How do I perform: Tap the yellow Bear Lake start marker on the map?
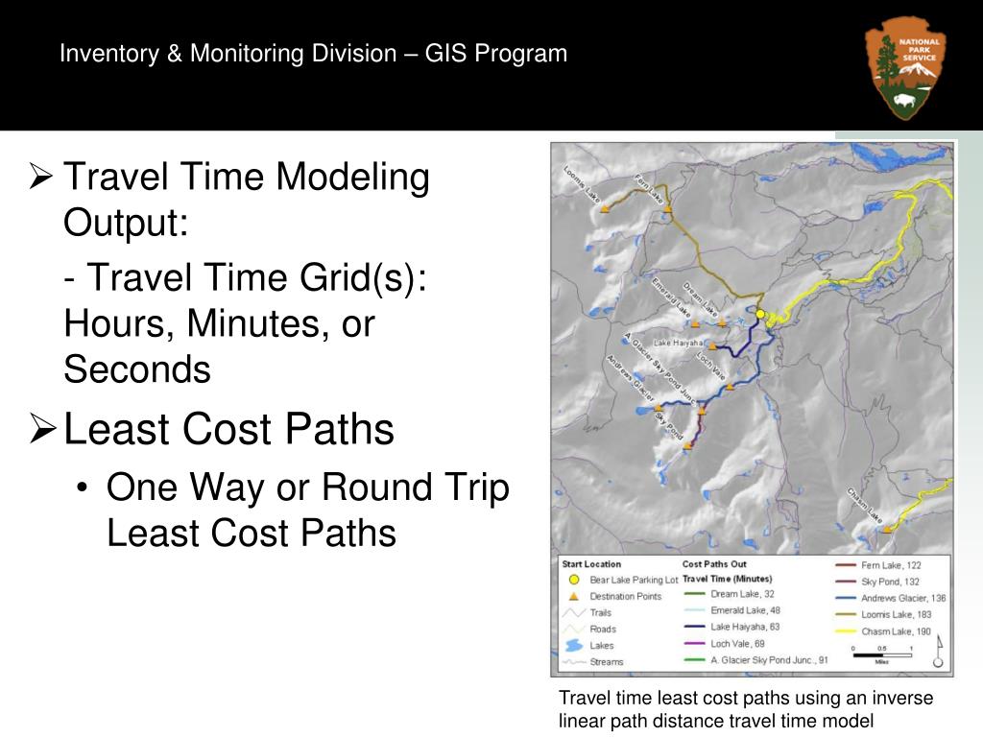pyautogui.click(x=759, y=314)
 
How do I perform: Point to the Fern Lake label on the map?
pyautogui.click(x=650, y=187)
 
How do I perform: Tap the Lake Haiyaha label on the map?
pyautogui.click(x=679, y=343)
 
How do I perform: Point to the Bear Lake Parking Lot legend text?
pyautogui.click(x=634, y=580)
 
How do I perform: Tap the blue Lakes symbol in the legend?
pyautogui.click(x=573, y=645)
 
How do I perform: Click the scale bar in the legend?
pyautogui.click(x=880, y=654)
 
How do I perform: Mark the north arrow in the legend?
pyautogui.click(x=938, y=653)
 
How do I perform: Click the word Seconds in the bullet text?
pyautogui.click(x=137, y=369)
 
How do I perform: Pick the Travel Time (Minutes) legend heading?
pyautogui.click(x=727, y=579)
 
